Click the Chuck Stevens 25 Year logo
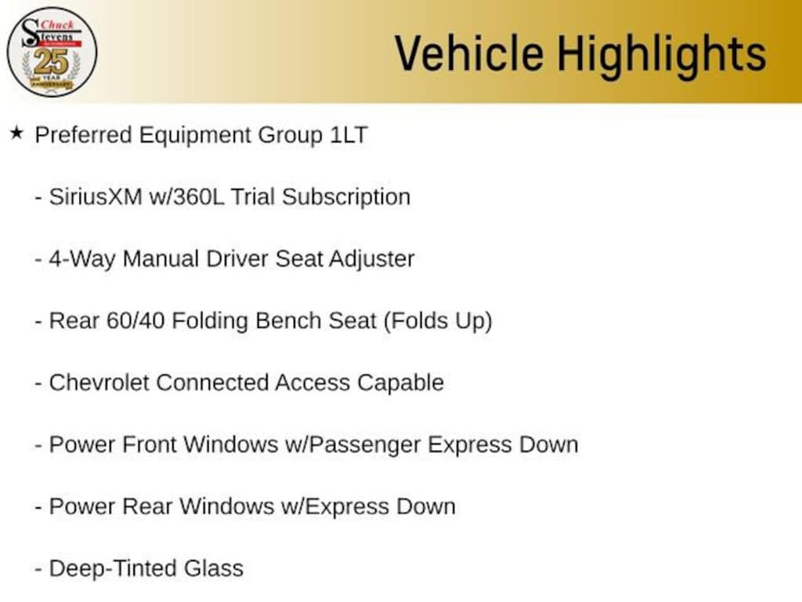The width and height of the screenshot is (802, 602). coord(52,52)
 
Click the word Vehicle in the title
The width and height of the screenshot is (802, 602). coord(468,53)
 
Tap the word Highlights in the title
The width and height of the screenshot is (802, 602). coord(661,53)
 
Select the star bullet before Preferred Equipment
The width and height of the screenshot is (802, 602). coord(16,133)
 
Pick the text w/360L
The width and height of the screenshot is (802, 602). coord(186,197)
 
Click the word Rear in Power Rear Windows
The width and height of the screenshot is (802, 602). coord(148,506)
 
